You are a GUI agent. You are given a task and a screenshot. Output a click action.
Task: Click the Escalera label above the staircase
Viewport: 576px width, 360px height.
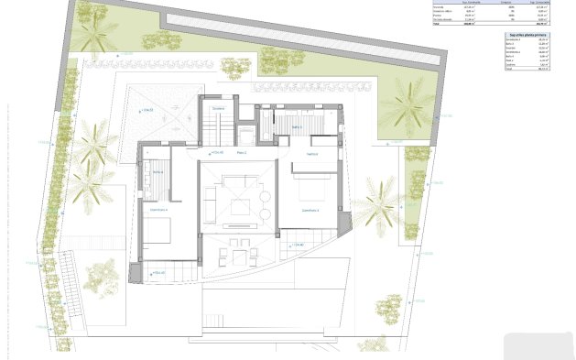click(218, 109)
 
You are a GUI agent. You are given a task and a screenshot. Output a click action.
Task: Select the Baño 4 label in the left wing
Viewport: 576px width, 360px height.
click(158, 172)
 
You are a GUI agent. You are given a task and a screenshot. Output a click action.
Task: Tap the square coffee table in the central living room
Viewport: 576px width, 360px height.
click(240, 207)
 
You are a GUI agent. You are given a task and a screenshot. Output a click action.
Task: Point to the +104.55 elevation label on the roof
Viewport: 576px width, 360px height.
click(147, 109)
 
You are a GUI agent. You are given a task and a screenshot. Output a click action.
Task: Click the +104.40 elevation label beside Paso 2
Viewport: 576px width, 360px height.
click(217, 151)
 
